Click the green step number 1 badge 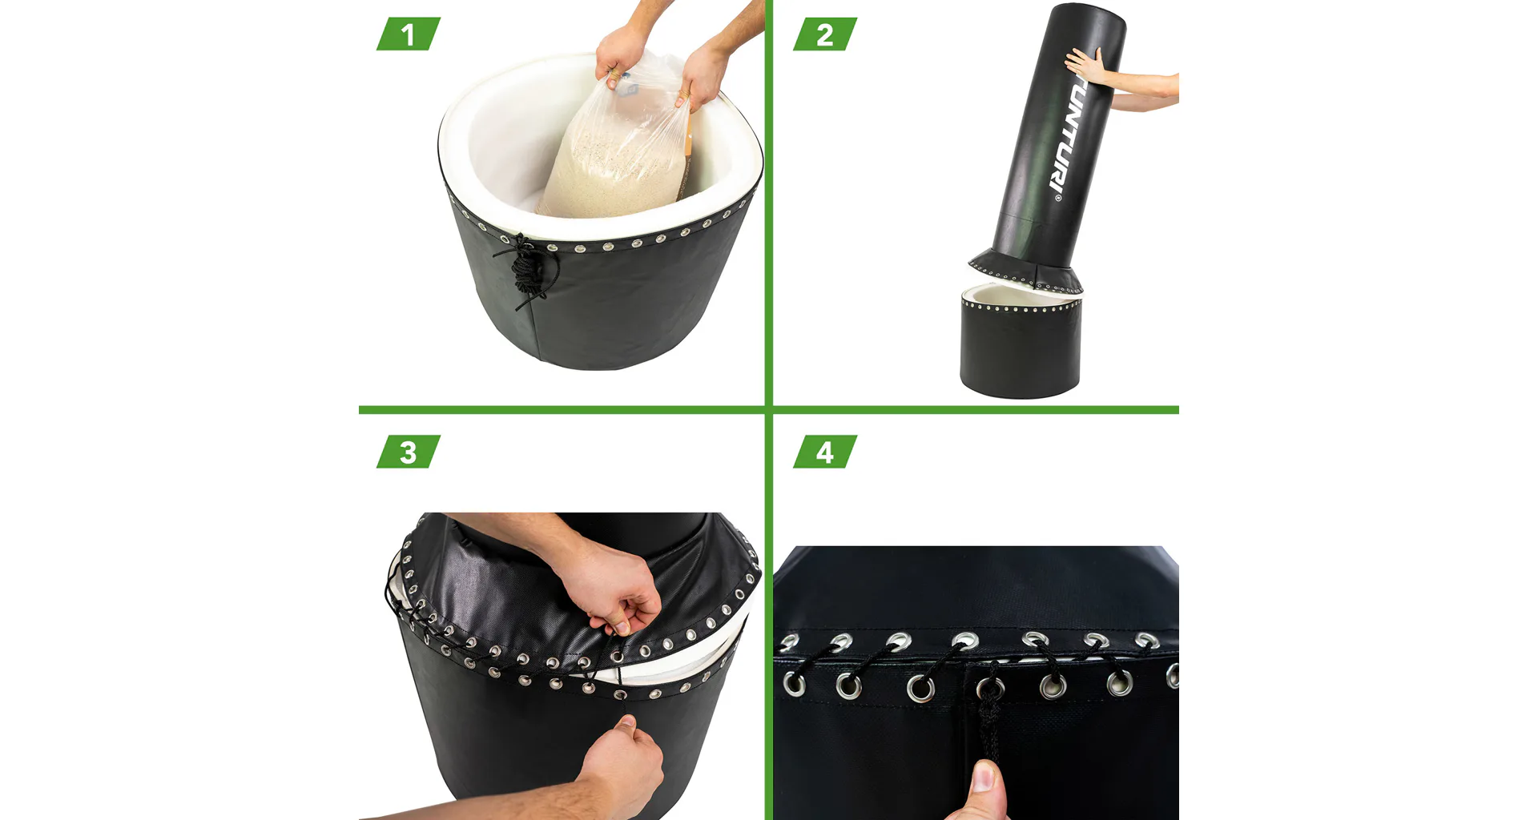click(x=409, y=34)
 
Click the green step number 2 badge click(x=825, y=34)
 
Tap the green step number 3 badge click(x=409, y=452)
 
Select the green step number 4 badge click(x=825, y=452)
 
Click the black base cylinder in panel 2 click(x=1020, y=340)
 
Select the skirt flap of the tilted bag click(x=1025, y=271)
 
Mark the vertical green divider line click(x=769, y=410)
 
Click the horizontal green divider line click(x=769, y=410)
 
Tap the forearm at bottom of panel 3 click(x=481, y=805)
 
